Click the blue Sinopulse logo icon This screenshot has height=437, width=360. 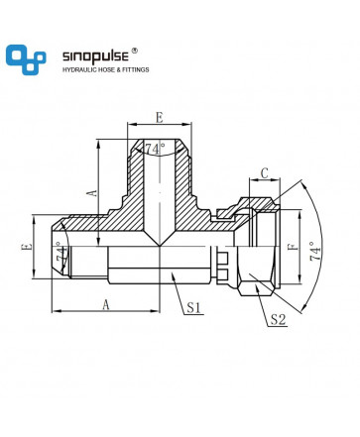pos(26,59)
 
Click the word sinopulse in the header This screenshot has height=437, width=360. pos(95,56)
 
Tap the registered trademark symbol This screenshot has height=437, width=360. pos(135,51)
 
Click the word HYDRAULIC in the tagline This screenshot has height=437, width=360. pos(78,70)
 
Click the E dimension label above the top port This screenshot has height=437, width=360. pos(160,118)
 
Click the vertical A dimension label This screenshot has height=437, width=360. pos(93,192)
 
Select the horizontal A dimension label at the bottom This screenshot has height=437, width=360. pos(105,304)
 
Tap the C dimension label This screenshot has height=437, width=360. pos(265,172)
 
